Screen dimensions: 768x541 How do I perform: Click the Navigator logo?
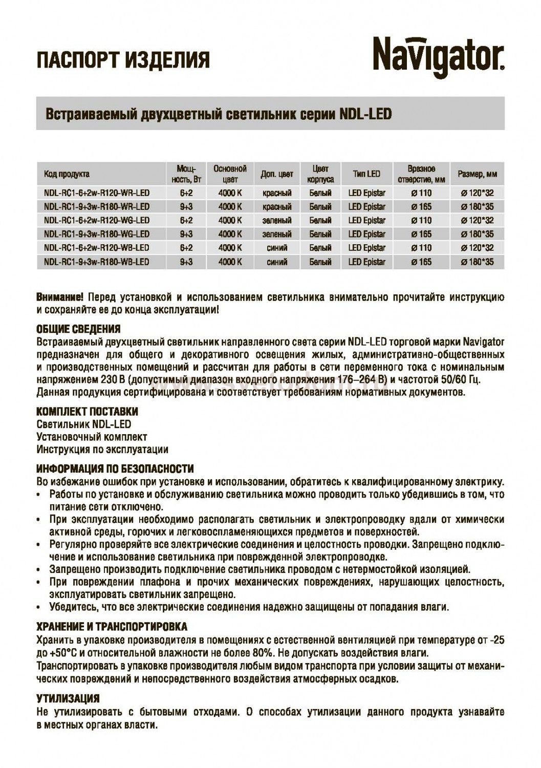tap(438, 58)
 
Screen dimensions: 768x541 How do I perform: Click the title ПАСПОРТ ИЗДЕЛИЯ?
tap(123, 60)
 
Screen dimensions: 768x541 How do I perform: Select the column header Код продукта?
tap(67, 174)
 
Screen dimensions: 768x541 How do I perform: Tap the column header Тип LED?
tap(366, 174)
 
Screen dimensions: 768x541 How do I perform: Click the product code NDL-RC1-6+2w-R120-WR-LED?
tap(97, 193)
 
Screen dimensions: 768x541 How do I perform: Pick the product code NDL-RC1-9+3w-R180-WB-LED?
tap(97, 262)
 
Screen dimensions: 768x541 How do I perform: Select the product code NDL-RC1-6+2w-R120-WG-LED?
tap(97, 221)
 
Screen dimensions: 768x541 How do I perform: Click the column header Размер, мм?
tap(477, 174)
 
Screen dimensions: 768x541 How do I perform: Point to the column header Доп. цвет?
tap(277, 174)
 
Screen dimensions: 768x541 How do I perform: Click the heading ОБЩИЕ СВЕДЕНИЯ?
tap(78, 329)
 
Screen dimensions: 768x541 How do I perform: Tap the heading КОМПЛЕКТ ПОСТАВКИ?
tap(87, 412)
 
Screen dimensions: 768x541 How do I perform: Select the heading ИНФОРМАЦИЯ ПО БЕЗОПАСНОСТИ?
tap(115, 468)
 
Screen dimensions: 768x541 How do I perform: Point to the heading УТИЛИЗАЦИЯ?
tap(68, 698)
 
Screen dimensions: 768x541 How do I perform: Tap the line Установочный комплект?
tap(92, 437)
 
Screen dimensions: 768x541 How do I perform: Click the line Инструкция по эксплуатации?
tap(102, 450)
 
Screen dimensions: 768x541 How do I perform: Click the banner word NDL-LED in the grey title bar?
tap(365, 113)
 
